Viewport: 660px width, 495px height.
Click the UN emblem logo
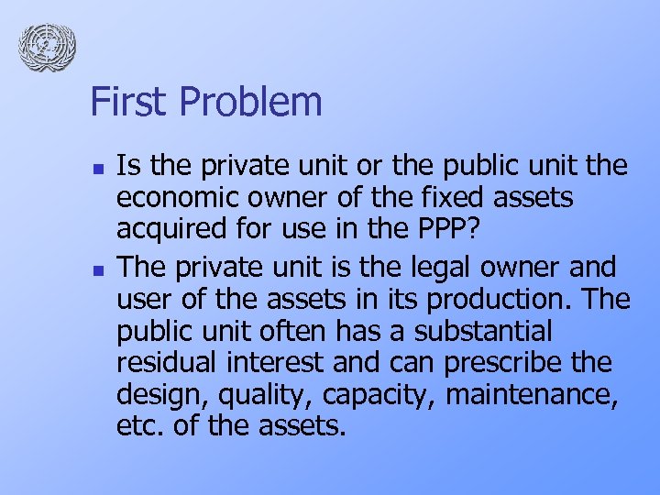click(x=47, y=45)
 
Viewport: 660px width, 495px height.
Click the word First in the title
click(x=125, y=102)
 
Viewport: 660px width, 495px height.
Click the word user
click(x=143, y=297)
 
